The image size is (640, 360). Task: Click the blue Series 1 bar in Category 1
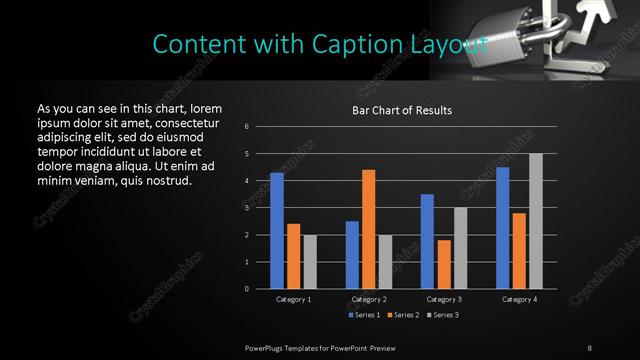coord(277,231)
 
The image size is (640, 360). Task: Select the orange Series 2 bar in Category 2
coord(369,229)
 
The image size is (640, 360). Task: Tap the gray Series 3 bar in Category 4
coord(536,221)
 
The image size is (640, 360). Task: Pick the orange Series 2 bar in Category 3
coord(444,264)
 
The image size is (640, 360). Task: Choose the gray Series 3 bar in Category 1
coord(309,262)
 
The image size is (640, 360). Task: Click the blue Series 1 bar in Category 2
coord(352,255)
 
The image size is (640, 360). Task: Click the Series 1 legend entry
coord(361,315)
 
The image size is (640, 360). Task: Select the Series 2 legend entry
coord(400,315)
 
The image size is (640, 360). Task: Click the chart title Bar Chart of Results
coord(402,110)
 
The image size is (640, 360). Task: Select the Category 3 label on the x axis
coord(444,299)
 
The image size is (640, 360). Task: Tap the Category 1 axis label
coord(293,299)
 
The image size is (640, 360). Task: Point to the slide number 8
coord(589,347)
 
